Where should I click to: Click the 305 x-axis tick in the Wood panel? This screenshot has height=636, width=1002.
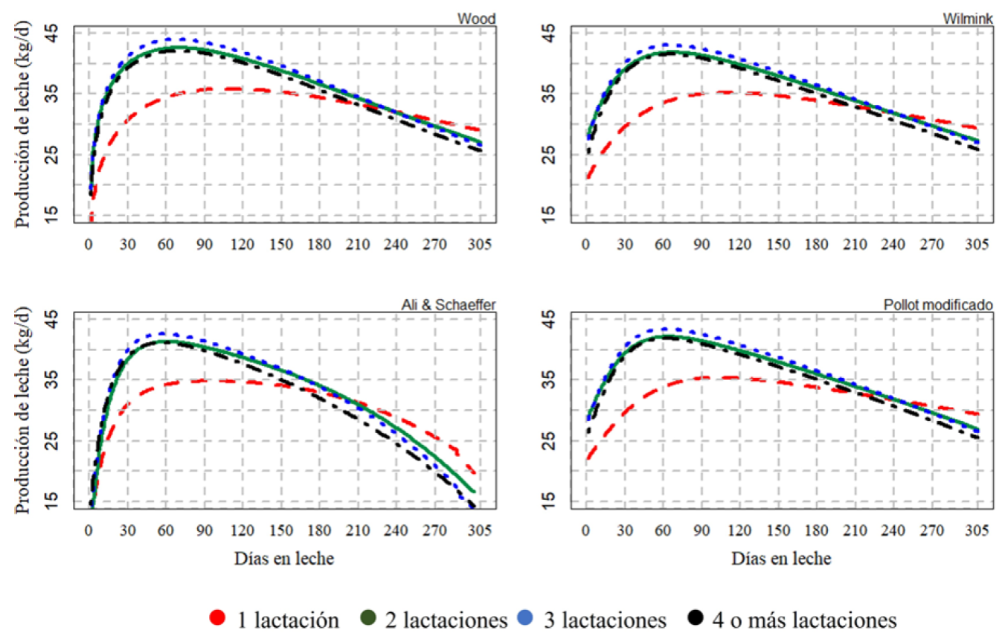coord(480,245)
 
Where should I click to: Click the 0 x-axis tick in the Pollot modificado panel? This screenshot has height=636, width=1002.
coord(586,530)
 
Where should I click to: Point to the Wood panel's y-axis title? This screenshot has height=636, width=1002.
coord(22,126)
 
